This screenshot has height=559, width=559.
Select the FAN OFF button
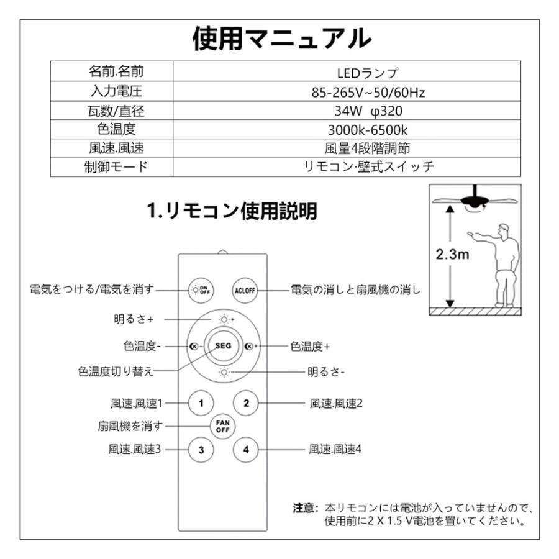[x=223, y=426]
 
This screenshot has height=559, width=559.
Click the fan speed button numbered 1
[x=201, y=402]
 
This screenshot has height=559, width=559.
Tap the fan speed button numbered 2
[x=246, y=402]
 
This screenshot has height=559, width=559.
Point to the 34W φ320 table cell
[x=368, y=112]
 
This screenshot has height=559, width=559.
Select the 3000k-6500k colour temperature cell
[x=368, y=130]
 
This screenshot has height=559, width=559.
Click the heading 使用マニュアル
[x=281, y=39]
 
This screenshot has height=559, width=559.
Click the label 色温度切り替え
[x=116, y=371]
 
